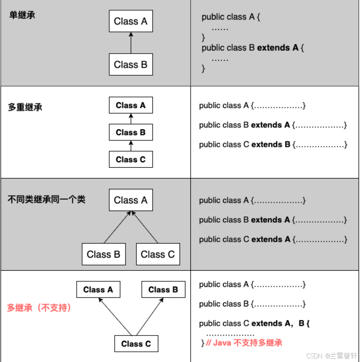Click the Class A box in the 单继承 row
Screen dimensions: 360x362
[x=131, y=21]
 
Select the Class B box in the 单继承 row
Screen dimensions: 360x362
[x=131, y=65]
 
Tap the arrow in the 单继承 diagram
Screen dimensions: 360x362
[x=131, y=43]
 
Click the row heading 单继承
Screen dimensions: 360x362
[x=22, y=15]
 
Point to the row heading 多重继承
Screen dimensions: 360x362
[x=25, y=108]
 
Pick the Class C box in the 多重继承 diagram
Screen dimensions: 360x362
[x=131, y=160]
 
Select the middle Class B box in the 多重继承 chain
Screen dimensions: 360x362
[x=131, y=132]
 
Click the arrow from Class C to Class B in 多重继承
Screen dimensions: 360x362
[x=131, y=146]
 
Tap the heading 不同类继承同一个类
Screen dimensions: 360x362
[x=47, y=199]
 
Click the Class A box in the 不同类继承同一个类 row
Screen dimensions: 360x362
[x=131, y=200]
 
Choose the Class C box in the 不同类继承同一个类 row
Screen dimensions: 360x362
[x=158, y=254]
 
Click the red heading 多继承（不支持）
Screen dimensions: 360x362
[x=39, y=308]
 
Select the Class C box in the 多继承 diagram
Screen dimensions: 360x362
[x=136, y=344]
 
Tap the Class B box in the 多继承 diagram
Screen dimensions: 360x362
[x=163, y=290]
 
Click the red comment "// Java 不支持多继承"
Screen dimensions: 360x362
[x=244, y=343]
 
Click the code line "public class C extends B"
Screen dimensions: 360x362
[x=273, y=145]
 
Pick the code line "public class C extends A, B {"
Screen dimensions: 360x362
[x=254, y=324]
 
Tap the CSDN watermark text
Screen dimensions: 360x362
[x=331, y=356]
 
